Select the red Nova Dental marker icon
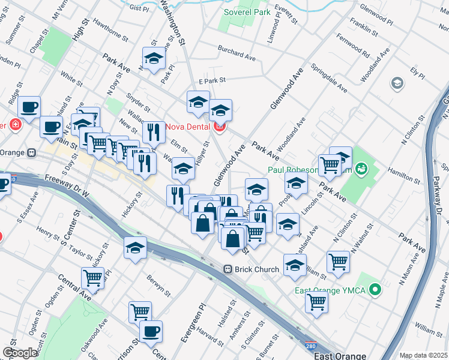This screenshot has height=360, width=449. tap(219, 126)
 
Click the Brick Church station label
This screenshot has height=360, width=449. tap(258, 269)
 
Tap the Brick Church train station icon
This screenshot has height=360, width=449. tap(228, 269)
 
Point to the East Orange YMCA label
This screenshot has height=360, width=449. tap(330, 291)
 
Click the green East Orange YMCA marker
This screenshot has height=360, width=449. tap(376, 291)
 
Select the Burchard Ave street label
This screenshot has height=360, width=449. tap(237, 53)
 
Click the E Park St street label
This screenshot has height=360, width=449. tap(211, 80)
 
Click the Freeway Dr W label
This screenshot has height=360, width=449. tap(67, 187)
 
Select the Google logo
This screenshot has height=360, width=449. tap(20, 353)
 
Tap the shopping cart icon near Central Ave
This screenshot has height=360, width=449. tap(92, 277)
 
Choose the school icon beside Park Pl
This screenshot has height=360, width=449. tap(154, 59)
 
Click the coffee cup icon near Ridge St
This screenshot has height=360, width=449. tap(29, 107)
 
